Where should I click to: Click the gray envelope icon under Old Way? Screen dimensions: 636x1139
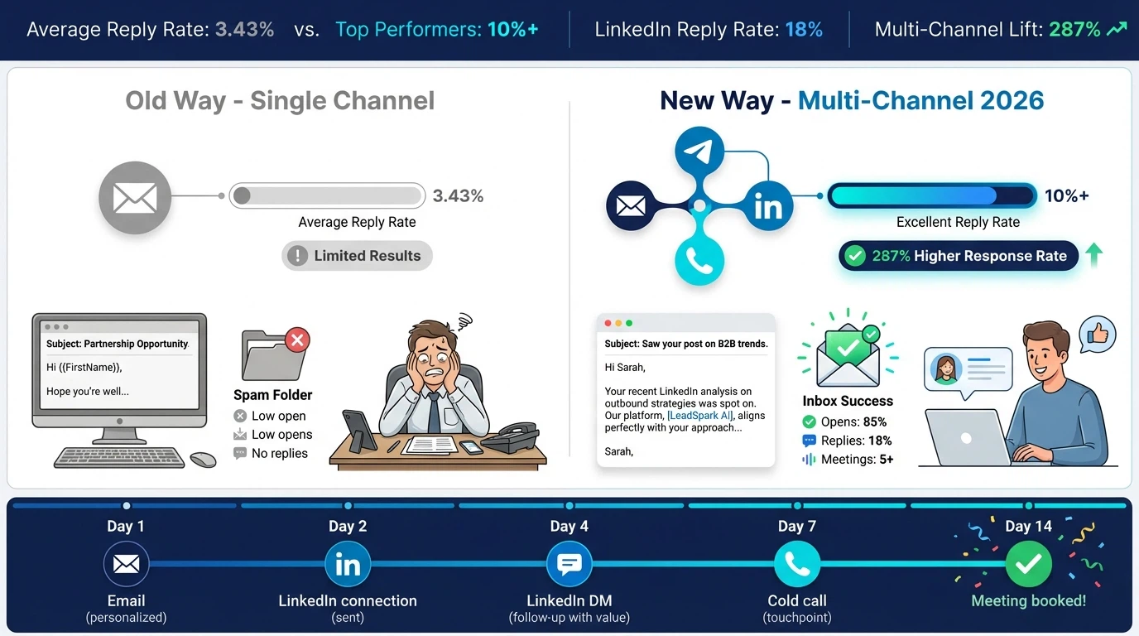tap(135, 198)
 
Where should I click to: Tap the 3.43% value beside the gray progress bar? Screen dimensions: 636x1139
tap(458, 196)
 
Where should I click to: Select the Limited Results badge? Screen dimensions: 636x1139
tap(357, 256)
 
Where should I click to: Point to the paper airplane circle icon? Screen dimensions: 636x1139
tap(699, 152)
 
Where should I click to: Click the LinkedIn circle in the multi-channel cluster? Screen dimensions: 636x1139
tap(767, 205)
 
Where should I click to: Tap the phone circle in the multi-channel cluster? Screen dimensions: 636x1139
tap(699, 261)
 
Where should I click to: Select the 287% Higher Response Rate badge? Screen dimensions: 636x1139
tap(959, 256)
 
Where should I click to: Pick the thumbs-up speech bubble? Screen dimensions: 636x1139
tap(1098, 335)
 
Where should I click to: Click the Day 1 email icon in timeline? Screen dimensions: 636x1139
tap(126, 564)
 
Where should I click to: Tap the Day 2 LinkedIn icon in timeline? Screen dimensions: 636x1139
tap(348, 564)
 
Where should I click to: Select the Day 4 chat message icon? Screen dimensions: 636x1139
tap(569, 564)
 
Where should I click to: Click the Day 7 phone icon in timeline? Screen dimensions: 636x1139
tap(796, 564)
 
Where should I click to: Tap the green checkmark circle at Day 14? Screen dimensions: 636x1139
tap(1028, 564)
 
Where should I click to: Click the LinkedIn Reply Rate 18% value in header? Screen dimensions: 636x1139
tap(803, 30)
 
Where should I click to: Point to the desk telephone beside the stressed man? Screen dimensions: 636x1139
tap(509, 436)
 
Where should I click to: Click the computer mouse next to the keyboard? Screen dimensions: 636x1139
tap(203, 459)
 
